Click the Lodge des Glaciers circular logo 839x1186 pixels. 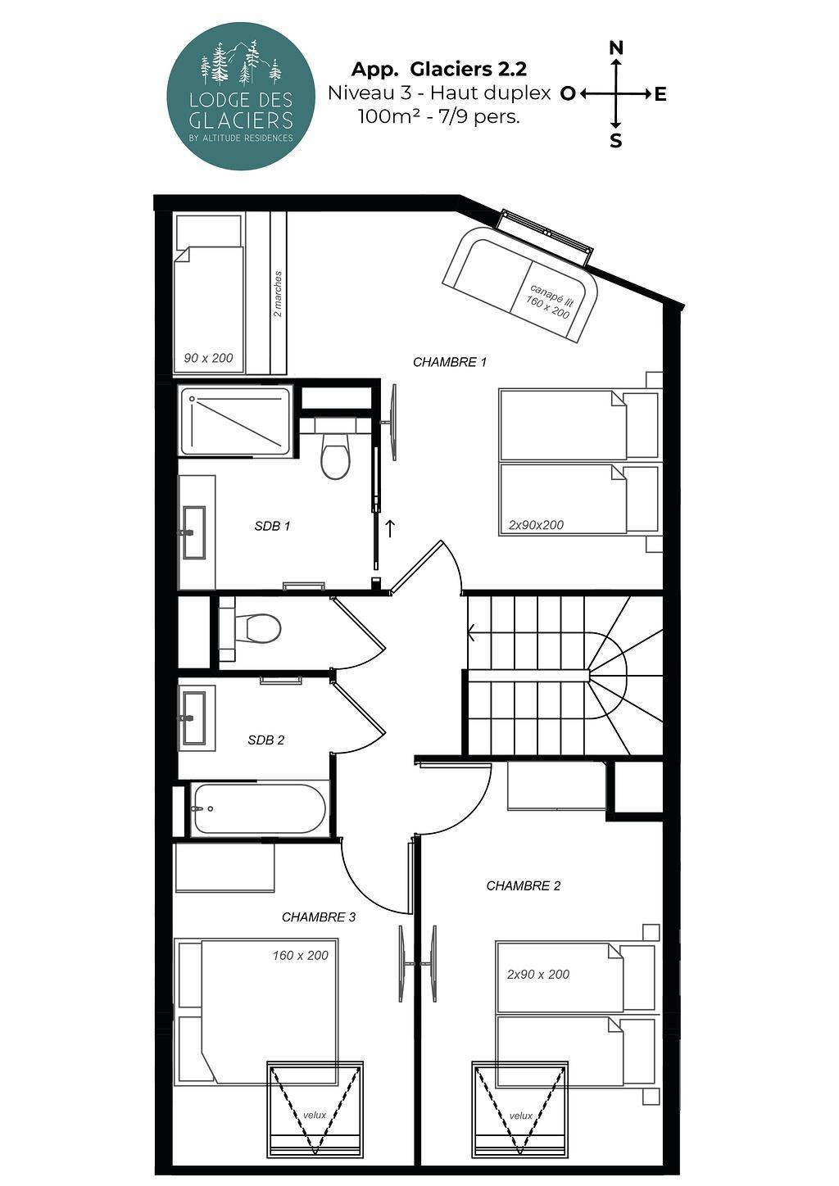pos(241,96)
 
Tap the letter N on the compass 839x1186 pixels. pos(616,48)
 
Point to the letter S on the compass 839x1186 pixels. pos(615,141)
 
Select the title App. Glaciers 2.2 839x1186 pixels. pos(439,70)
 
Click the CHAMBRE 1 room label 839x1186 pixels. pos(450,362)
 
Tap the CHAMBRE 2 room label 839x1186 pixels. pos(524,885)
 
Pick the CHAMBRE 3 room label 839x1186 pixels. pos(319,917)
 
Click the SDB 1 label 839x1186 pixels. pos(272,526)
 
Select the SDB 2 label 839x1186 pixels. pos(266,740)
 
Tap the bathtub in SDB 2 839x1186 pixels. pos(259,808)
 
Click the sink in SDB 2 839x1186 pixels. pos(194,718)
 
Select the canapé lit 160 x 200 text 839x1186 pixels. pos(549,301)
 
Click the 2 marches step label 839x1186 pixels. pos(278,294)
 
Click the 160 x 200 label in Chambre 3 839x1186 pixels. pos(301,955)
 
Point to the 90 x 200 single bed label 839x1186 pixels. pos(208,358)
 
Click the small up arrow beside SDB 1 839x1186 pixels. pos(390,528)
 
